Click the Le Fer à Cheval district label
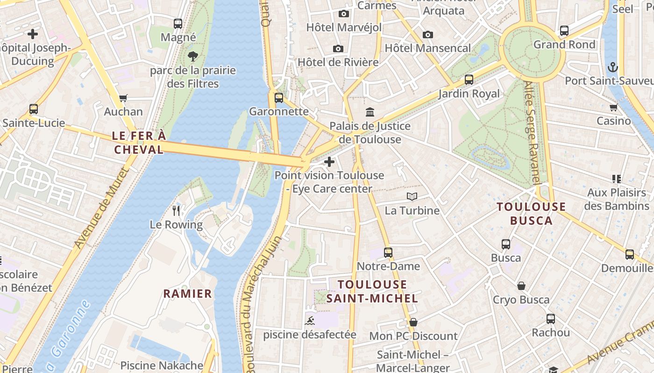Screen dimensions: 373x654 tap(139, 142)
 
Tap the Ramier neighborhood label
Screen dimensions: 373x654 tap(187, 294)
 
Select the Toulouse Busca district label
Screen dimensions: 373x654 tap(531, 214)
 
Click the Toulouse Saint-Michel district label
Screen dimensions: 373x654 tap(372, 291)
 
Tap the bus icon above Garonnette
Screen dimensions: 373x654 tap(279, 98)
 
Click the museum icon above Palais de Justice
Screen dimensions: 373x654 tap(370, 112)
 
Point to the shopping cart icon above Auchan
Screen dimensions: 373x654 tap(123, 98)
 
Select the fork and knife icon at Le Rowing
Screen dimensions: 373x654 tap(176, 211)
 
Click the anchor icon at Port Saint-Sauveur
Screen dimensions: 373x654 tap(612, 67)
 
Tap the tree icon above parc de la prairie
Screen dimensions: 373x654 tap(192, 57)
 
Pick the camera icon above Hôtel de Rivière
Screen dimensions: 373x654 tap(338, 48)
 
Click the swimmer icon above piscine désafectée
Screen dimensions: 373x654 tap(309, 321)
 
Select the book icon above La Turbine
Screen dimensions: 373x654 tap(412, 197)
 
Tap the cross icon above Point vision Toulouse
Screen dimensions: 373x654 tap(329, 162)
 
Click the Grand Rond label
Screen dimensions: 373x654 tap(564, 45)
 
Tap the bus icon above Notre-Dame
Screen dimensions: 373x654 tap(388, 253)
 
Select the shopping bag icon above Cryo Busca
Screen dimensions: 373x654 tap(521, 286)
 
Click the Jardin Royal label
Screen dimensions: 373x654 tap(469, 94)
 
